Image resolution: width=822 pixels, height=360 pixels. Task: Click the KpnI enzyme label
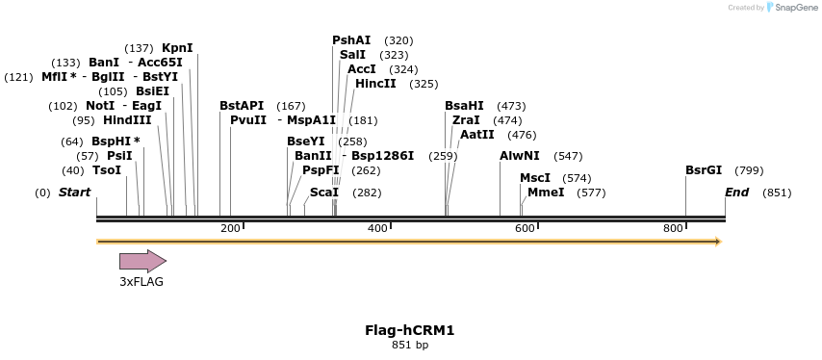click(177, 48)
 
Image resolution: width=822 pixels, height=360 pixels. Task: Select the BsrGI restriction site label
click(704, 170)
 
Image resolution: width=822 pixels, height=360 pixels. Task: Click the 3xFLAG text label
click(141, 282)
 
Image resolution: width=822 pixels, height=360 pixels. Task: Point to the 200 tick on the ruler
click(230, 228)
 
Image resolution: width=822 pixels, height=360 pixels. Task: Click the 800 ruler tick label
click(673, 228)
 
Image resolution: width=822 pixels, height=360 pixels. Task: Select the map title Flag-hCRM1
click(409, 330)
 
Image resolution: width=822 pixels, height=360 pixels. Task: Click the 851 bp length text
click(409, 345)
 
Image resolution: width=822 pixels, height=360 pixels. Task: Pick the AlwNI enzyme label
click(520, 156)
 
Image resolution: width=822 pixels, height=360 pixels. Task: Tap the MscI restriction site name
click(535, 178)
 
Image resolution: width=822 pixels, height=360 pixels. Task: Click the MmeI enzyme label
click(546, 193)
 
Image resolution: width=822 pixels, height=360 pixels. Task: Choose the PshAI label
click(351, 40)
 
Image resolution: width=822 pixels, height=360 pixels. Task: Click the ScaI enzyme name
click(324, 193)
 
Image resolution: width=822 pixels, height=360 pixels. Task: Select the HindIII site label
click(127, 120)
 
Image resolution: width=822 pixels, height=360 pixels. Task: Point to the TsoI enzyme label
click(107, 170)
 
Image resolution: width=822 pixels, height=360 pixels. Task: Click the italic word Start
click(74, 193)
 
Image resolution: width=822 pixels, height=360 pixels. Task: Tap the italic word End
click(736, 193)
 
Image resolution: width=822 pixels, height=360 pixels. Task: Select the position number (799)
click(749, 170)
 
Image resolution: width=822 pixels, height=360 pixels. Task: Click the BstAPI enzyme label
click(242, 106)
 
